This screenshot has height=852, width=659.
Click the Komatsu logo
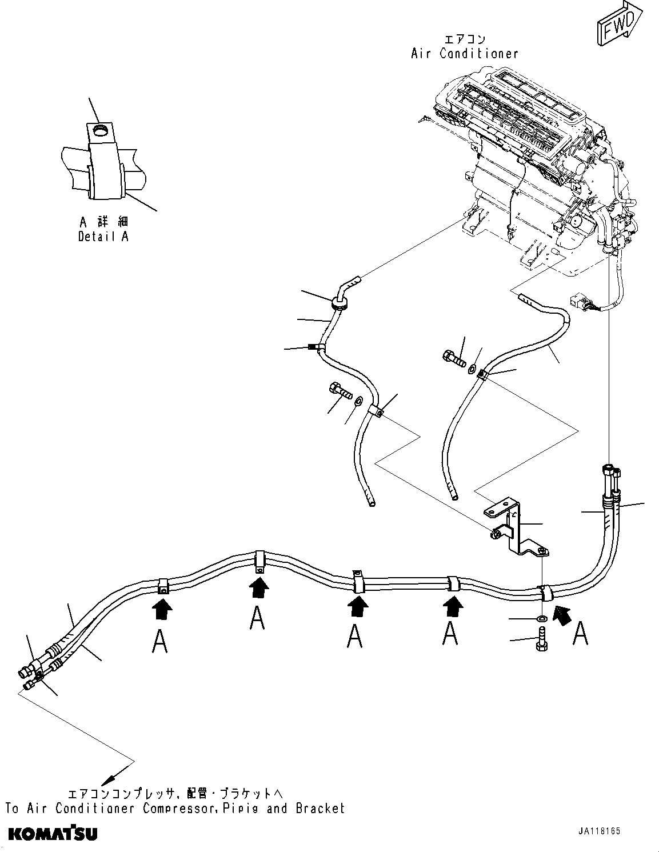[53, 834]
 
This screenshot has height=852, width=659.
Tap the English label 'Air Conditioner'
[464, 54]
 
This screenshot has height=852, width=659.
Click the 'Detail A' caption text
[103, 236]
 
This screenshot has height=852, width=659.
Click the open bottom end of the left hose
[372, 503]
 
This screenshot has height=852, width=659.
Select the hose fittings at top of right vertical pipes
[610, 475]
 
